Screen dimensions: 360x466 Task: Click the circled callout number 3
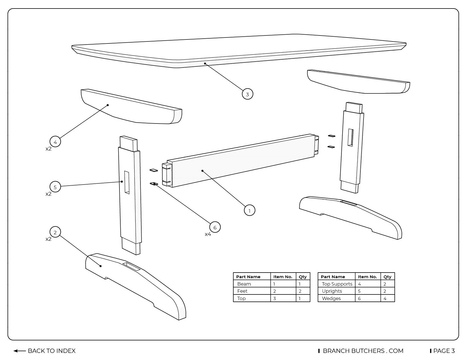[247, 94]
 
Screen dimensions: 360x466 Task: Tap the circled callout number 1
[249, 211]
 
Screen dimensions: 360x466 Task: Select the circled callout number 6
[215, 227]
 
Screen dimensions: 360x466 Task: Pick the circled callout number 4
[55, 142]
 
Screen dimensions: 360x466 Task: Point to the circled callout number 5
[55, 187]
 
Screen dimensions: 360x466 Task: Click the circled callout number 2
[55, 232]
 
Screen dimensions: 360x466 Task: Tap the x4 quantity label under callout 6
[208, 235]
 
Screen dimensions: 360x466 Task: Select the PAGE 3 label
[444, 351]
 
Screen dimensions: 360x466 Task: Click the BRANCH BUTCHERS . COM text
[363, 351]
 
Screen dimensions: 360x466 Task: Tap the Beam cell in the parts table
[244, 284]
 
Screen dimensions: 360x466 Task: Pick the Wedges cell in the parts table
[331, 298]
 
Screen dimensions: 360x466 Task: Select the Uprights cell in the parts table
[332, 291]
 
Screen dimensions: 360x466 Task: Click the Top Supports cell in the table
[337, 284]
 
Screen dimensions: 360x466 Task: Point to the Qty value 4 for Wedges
[385, 298]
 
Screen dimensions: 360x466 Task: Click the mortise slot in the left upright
[127, 183]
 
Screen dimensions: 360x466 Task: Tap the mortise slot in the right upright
[351, 138]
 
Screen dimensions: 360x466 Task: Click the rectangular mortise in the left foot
[131, 266]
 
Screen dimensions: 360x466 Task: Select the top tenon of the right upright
[354, 108]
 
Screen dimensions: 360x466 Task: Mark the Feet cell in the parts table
[242, 291]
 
